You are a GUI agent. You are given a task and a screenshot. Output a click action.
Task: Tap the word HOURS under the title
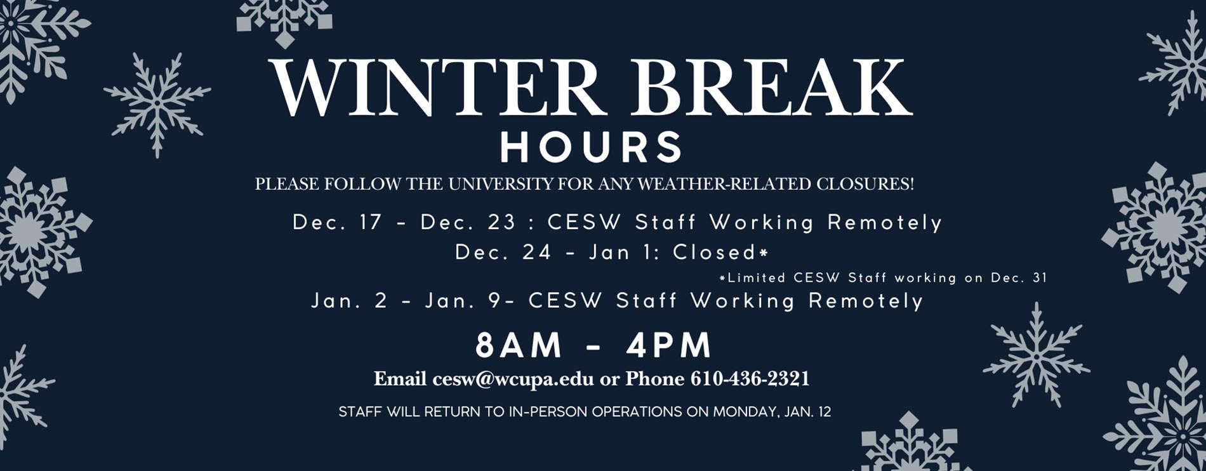(x=591, y=147)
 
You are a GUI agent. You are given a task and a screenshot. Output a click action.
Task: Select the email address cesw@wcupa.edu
(x=513, y=379)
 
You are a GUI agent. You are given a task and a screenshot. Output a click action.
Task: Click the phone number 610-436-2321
(x=750, y=379)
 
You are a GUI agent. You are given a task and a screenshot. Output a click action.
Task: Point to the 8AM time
(x=519, y=346)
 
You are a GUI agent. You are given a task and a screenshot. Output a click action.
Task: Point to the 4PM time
(x=669, y=346)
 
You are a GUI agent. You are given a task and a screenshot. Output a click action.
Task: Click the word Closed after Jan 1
(x=714, y=253)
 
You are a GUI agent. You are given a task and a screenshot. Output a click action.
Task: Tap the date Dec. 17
(x=337, y=222)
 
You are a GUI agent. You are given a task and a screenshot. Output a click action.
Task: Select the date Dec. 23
(x=468, y=222)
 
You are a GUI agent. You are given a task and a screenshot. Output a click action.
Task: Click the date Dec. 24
(x=503, y=253)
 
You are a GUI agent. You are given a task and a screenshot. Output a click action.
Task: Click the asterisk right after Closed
(x=764, y=252)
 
